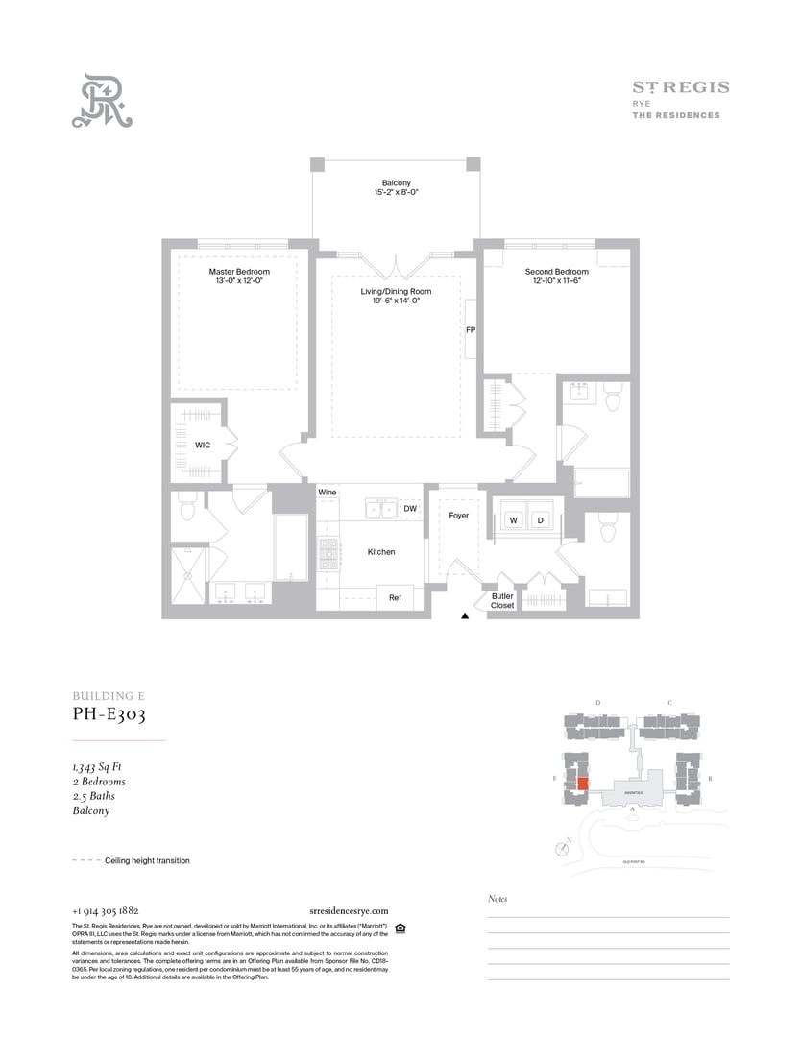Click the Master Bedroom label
pos(239,272)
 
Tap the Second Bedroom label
pos(556,272)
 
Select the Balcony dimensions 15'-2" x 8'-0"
pos(396,193)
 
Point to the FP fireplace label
pos(471,329)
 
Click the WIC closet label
pos(203,446)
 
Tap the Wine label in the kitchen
pos(328,493)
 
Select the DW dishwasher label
pos(409,509)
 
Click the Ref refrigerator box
pos(395,597)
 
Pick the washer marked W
pos(513,520)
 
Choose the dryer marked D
pos(540,520)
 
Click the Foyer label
pos(459,516)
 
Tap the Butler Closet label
pos(502,601)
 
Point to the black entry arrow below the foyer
pos(465,616)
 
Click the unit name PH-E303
pos(109,714)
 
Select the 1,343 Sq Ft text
pos(97,767)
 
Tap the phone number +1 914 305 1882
pos(105,910)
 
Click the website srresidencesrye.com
pos(350,910)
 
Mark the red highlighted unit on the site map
pos(583,784)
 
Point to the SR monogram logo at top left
pos(103,101)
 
